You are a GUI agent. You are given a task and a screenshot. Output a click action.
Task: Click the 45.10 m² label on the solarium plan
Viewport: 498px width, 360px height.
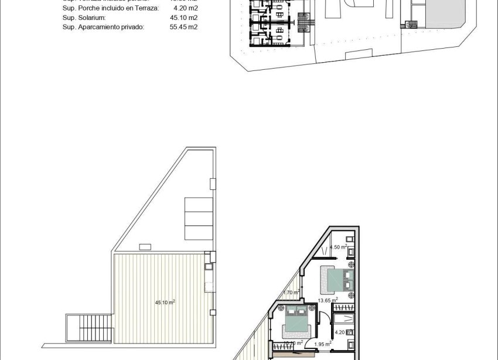(x=165, y=303)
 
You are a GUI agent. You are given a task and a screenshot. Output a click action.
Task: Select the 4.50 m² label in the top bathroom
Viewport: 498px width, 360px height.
(x=339, y=247)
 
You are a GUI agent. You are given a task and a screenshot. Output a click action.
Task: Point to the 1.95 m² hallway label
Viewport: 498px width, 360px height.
(x=323, y=344)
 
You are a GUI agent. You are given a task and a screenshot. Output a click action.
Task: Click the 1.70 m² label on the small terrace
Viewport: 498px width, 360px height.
(x=291, y=292)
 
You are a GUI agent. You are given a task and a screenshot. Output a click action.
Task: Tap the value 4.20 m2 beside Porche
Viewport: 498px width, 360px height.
(x=186, y=9)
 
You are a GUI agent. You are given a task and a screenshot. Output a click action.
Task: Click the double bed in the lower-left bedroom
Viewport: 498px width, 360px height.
(x=296, y=321)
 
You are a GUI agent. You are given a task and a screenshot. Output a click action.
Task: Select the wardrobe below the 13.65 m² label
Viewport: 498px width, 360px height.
(x=343, y=307)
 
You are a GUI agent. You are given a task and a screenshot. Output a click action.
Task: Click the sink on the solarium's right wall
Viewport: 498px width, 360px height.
(x=208, y=267)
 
